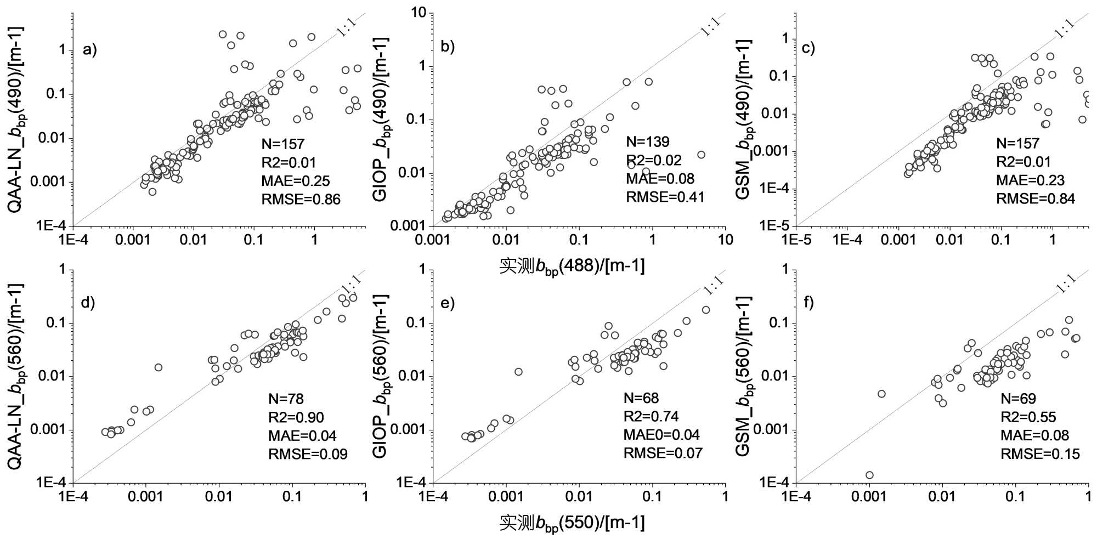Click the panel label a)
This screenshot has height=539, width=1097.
click(89, 50)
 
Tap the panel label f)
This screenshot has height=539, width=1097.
click(808, 303)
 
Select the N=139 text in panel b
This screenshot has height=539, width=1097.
click(648, 142)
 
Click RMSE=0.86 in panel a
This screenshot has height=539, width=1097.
click(301, 200)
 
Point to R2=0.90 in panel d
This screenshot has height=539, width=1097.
click(296, 418)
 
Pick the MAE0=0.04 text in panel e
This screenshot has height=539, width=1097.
click(661, 435)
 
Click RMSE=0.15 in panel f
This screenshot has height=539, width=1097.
click(1040, 454)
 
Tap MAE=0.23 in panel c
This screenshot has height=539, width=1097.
click(1030, 180)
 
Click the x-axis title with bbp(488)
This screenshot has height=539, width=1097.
click(572, 266)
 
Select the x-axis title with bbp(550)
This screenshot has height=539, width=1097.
click(572, 523)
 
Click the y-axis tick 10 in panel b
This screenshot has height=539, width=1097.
click(419, 13)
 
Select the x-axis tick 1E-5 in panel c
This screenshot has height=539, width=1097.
click(796, 240)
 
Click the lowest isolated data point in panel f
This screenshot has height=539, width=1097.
click(869, 475)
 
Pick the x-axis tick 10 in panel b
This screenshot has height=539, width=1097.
click(725, 240)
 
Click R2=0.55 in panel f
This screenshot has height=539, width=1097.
click(1028, 417)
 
